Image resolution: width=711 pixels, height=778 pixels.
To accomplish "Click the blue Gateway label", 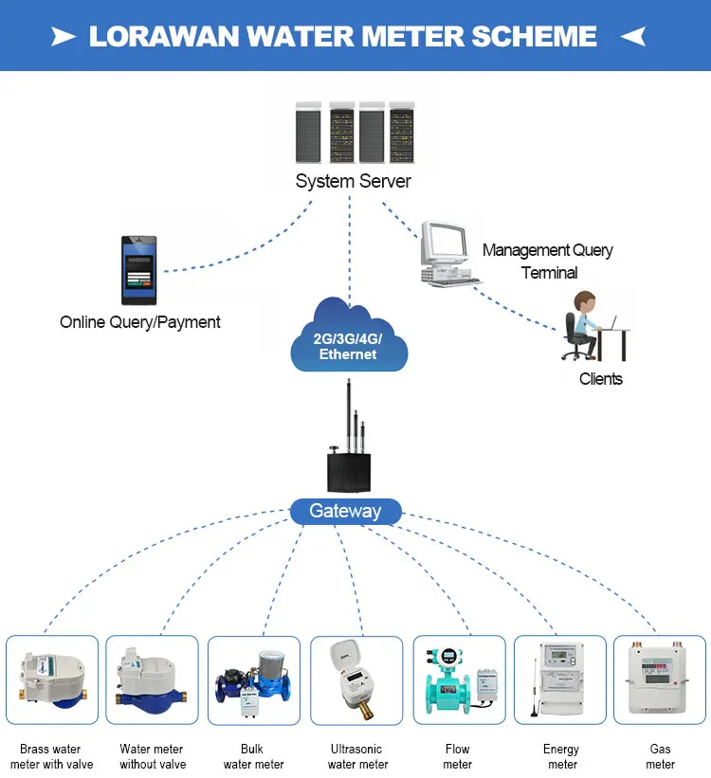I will [345, 512].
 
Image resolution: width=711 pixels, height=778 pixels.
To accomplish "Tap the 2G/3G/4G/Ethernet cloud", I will [348, 341].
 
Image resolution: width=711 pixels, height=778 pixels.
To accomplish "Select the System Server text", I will [353, 181].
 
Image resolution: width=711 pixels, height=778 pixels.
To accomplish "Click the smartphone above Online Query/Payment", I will [138, 269].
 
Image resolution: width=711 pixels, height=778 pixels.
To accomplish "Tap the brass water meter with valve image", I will [52, 681].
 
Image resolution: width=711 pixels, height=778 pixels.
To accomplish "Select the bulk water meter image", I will [253, 681].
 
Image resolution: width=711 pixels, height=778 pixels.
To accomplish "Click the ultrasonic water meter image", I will [356, 681].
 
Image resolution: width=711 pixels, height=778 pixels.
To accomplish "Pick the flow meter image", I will [458, 681].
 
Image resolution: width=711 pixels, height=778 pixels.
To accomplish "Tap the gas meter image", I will [660, 681].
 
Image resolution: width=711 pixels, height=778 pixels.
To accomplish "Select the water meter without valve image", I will [152, 681].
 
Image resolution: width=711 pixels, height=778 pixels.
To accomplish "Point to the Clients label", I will [601, 379].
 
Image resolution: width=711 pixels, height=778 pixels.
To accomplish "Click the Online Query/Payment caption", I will [139, 322].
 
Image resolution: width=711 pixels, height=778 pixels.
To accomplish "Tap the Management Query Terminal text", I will [548, 262].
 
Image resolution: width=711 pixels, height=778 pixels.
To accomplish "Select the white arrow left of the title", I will [64, 37].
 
